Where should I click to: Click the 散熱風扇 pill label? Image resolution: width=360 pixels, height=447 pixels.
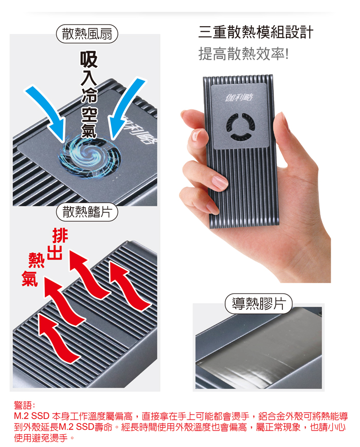coord(87,34)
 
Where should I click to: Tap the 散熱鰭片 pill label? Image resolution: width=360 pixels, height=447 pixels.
coord(87,212)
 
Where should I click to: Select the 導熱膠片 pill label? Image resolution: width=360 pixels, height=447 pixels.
coord(259,304)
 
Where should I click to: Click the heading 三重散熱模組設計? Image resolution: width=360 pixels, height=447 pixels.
coord(256,32)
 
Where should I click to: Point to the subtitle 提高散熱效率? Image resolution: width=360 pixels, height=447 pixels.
coord(244,53)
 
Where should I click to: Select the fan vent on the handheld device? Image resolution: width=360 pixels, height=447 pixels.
coord(241,126)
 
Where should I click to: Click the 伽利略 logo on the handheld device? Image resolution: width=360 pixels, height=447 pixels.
coord(239,98)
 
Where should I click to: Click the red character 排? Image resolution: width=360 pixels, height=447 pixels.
coord(60,236)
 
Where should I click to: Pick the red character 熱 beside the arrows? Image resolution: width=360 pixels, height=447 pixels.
coord(37,260)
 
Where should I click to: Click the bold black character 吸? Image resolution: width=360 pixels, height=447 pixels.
coord(89,59)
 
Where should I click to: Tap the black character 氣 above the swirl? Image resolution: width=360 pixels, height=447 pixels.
coord(89,129)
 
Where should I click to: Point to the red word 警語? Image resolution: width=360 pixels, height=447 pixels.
coord(24,405)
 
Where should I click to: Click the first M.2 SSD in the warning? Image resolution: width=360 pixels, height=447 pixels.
coord(31,416)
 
